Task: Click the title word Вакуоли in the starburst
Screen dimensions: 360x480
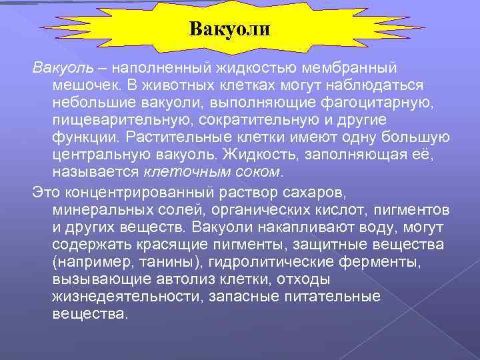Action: coord(229,29)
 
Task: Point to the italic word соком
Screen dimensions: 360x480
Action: coord(257,172)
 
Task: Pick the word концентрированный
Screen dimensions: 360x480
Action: coord(137,193)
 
